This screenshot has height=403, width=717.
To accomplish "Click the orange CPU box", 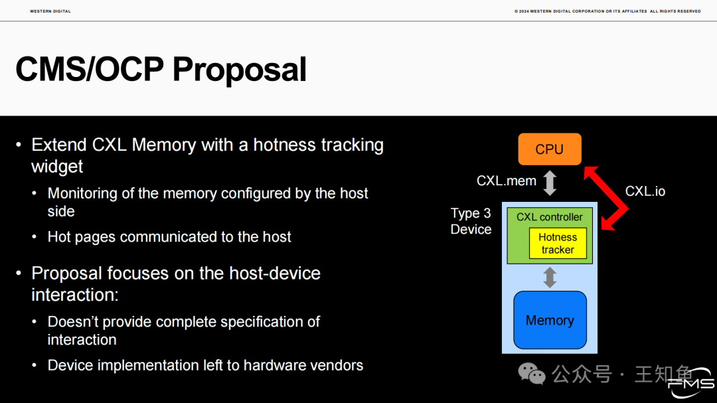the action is point(550,149).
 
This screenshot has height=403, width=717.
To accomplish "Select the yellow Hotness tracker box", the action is point(558,244).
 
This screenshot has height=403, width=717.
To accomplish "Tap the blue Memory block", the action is point(550,320).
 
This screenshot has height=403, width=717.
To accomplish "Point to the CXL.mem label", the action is point(506,181).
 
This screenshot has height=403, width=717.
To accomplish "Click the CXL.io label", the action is point(645,191).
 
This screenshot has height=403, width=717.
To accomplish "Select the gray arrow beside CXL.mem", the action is point(550,183).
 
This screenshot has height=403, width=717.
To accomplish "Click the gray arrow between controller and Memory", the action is point(550,278).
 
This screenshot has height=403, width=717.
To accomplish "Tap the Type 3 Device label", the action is point(471,221).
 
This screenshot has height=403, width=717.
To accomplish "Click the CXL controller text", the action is point(550,217).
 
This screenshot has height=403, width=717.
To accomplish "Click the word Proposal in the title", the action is point(239,70).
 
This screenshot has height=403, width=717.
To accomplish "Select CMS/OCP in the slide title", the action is point(90,70).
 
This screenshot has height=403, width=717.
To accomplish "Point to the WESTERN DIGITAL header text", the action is point(50,11).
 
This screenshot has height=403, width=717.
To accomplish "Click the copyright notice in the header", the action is point(607,11).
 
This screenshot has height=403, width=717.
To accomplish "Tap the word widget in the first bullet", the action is point(57,167).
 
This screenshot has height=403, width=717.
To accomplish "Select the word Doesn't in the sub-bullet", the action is point(73,321).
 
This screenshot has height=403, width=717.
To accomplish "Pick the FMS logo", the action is point(691,383).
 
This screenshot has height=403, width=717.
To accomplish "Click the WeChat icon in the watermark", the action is point(532,374).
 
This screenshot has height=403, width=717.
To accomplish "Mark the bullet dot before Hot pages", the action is point(35,236).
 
